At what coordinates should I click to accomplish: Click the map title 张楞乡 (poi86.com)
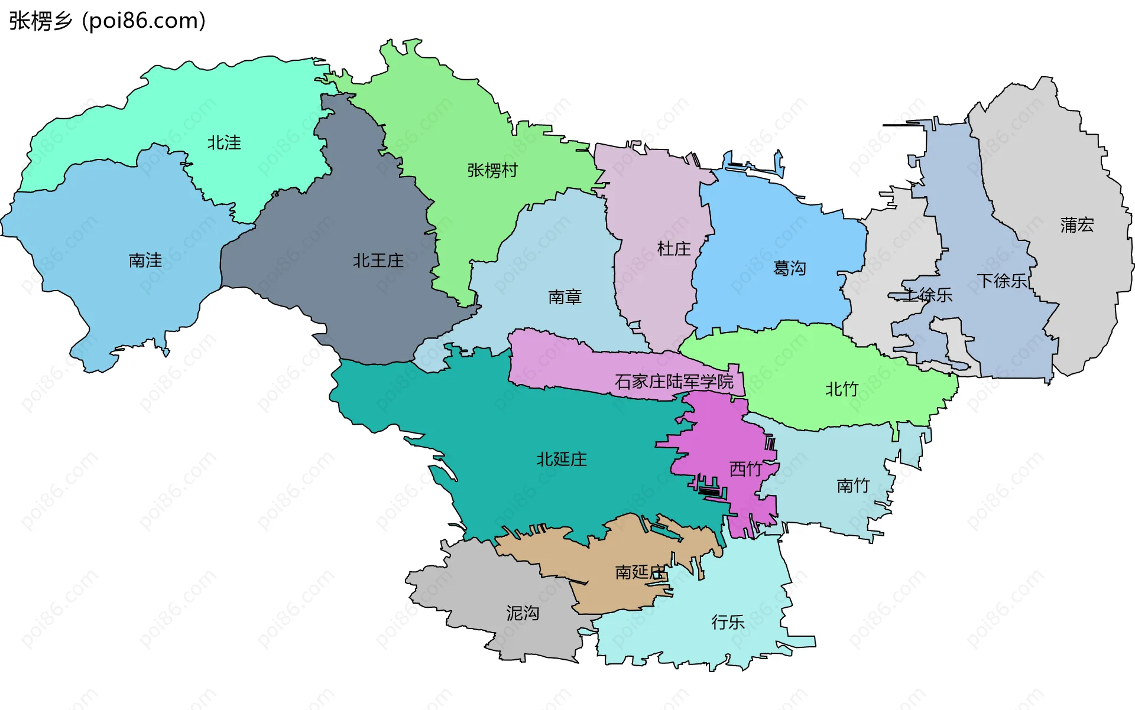point(107,21)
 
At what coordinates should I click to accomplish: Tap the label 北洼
point(224,143)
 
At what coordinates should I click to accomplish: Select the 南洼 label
point(145,260)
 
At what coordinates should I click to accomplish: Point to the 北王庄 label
point(378,260)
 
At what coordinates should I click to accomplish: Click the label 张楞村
point(492,171)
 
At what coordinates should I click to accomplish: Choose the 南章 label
point(565,297)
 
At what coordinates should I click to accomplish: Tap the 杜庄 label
point(674,249)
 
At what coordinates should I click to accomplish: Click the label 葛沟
point(790,269)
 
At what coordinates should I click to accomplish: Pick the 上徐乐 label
point(928,295)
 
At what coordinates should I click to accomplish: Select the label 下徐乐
point(1002,281)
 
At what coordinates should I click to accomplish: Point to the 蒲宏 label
point(1077,225)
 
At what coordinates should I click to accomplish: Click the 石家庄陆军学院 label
point(674,382)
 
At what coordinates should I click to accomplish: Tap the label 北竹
point(842,389)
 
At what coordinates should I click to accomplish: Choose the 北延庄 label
point(562,459)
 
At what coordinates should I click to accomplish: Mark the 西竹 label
point(745,469)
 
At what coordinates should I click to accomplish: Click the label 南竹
point(854,486)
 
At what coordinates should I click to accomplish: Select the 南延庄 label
point(641,572)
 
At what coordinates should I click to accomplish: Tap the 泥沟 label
point(523,613)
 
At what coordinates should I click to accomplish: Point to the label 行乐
point(728,622)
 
